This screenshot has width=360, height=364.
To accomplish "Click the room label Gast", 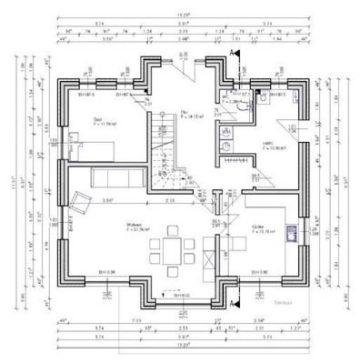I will click(98, 118).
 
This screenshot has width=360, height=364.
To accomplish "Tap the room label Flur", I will click(185, 112).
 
